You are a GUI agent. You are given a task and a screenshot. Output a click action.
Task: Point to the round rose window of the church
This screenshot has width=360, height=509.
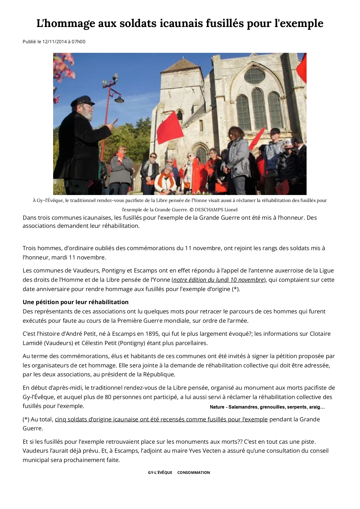point(254,76)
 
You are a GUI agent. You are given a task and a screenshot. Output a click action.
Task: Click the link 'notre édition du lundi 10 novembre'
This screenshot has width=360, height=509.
point(218,280)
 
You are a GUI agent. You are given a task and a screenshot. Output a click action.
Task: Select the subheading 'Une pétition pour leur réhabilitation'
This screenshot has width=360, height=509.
point(75,302)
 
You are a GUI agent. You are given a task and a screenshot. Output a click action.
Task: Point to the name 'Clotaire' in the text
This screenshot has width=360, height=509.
point(320,334)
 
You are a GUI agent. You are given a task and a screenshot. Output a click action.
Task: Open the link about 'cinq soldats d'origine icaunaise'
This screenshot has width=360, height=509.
point(161,419)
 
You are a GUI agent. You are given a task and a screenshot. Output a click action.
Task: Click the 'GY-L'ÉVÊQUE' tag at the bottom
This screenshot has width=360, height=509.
point(160,472)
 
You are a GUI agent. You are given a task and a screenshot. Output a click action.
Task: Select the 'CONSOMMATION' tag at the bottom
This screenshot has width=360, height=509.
point(193,472)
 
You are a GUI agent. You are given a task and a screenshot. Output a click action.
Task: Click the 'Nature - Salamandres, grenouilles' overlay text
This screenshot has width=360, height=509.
point(267,407)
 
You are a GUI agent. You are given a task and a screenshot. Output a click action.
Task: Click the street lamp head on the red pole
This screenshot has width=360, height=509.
point(119,100)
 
